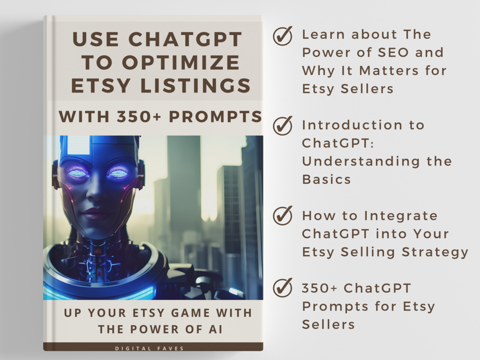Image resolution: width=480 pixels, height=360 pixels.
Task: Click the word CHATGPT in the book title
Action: (x=185, y=39)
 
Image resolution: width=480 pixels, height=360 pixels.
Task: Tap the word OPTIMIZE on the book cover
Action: (x=181, y=63)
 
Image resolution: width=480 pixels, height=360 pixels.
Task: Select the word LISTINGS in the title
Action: (x=196, y=85)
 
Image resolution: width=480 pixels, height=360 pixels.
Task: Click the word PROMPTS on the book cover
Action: (x=215, y=116)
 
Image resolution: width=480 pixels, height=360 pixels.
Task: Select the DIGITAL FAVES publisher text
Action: (x=149, y=349)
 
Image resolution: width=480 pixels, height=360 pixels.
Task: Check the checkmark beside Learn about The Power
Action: (x=283, y=36)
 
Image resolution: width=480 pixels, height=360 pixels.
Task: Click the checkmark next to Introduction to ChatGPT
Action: (x=283, y=126)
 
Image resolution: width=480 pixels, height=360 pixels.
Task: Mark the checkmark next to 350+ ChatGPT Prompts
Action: (x=283, y=287)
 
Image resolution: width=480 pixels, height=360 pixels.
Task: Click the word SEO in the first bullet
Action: (x=393, y=53)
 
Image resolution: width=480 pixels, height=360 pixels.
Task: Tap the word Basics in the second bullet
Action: (x=326, y=180)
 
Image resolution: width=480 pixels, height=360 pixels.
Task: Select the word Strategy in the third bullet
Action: (x=435, y=252)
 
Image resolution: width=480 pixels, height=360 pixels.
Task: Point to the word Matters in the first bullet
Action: (x=389, y=71)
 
